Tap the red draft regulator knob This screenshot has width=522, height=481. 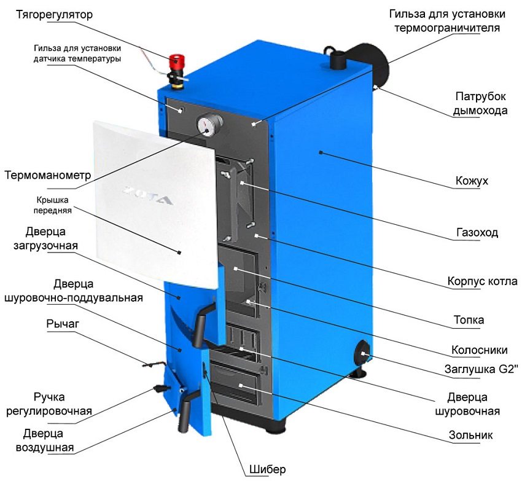[177, 61]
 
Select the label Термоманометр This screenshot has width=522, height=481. [47, 175]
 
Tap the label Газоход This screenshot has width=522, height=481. [477, 233]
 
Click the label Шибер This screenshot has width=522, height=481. [267, 470]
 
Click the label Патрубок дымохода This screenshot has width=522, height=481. [480, 104]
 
